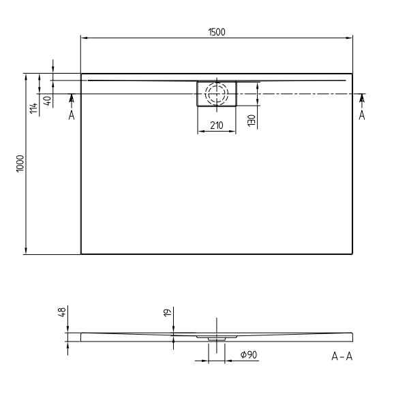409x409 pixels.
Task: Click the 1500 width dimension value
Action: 217,31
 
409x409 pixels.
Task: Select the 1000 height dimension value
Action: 21,164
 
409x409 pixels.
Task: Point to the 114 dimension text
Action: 33,107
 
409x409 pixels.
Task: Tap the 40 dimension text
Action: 46,100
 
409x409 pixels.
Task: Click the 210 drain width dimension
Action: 217,125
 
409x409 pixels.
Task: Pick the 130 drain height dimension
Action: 251,121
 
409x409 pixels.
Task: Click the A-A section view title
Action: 342,356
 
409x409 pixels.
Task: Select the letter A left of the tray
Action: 71,115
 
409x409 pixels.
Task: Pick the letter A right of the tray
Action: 361,115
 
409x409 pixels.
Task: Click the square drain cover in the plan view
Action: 216,94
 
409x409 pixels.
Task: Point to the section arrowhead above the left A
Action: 71,99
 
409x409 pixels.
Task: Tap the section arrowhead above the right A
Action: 361,99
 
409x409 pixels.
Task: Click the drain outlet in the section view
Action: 216,337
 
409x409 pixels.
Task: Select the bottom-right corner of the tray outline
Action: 352,254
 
